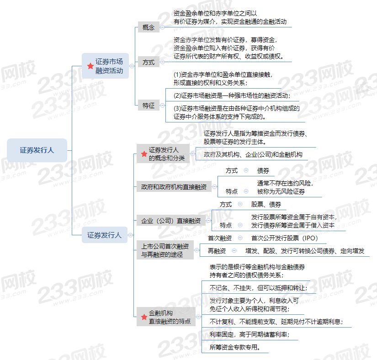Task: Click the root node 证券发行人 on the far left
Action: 37,150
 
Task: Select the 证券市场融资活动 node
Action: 105,66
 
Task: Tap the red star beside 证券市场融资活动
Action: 90,66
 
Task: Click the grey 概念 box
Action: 149,27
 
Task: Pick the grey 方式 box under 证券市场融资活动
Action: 149,62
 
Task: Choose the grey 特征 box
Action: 149,105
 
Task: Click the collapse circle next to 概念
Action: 162,27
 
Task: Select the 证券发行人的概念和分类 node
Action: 163,154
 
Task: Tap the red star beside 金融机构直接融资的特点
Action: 144,317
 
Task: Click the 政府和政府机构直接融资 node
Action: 174,187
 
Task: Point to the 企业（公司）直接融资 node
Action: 171,220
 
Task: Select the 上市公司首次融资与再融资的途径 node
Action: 165,250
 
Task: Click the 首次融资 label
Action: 220,238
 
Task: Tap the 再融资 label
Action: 217,251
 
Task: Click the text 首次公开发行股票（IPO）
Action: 284,238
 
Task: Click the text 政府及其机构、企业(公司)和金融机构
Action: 253,154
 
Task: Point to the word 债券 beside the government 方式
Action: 263,170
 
